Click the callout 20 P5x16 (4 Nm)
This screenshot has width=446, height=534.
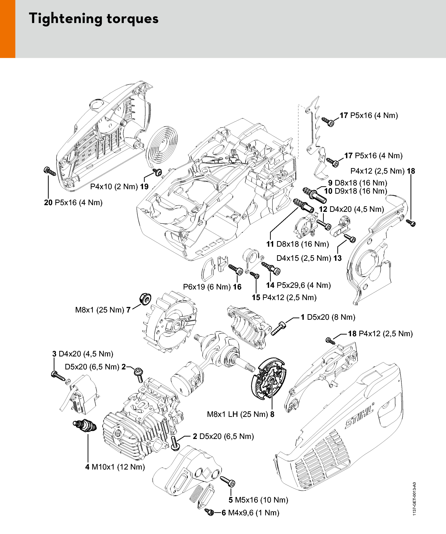(73, 202)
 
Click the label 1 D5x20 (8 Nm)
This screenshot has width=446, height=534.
(328, 317)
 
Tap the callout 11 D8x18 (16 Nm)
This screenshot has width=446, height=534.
(298, 244)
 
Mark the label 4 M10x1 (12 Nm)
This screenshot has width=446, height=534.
(115, 467)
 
